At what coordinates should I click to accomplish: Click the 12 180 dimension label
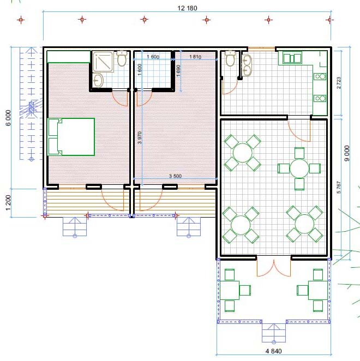pyautogui.click(x=187, y=8)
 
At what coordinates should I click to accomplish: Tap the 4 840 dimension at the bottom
pyautogui.click(x=273, y=351)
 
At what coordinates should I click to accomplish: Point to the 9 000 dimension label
pyautogui.click(x=347, y=153)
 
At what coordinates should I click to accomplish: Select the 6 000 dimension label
pyautogui.click(x=8, y=118)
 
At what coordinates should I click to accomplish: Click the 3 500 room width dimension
pyautogui.click(x=175, y=176)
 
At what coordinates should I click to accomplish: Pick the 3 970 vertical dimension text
pyautogui.click(x=140, y=137)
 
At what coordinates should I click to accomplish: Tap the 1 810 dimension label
pyautogui.click(x=195, y=57)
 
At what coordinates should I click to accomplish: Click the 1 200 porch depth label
pyautogui.click(x=8, y=203)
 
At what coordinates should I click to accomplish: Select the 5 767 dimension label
pyautogui.click(x=339, y=187)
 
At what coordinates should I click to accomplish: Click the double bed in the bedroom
pyautogui.click(x=71, y=137)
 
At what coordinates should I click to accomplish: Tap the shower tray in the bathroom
pyautogui.click(x=103, y=62)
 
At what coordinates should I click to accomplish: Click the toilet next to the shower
pyautogui.click(x=122, y=58)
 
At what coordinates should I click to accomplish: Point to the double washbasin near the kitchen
pyautogui.click(x=247, y=65)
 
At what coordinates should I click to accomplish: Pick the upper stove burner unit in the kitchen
pyautogui.click(x=320, y=76)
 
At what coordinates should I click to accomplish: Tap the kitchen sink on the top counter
pyautogui.click(x=292, y=58)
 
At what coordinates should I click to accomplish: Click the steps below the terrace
pyautogui.click(x=274, y=333)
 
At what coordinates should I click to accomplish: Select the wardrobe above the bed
pyautogui.click(x=68, y=57)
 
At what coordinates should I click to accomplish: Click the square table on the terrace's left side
pyautogui.click(x=230, y=290)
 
